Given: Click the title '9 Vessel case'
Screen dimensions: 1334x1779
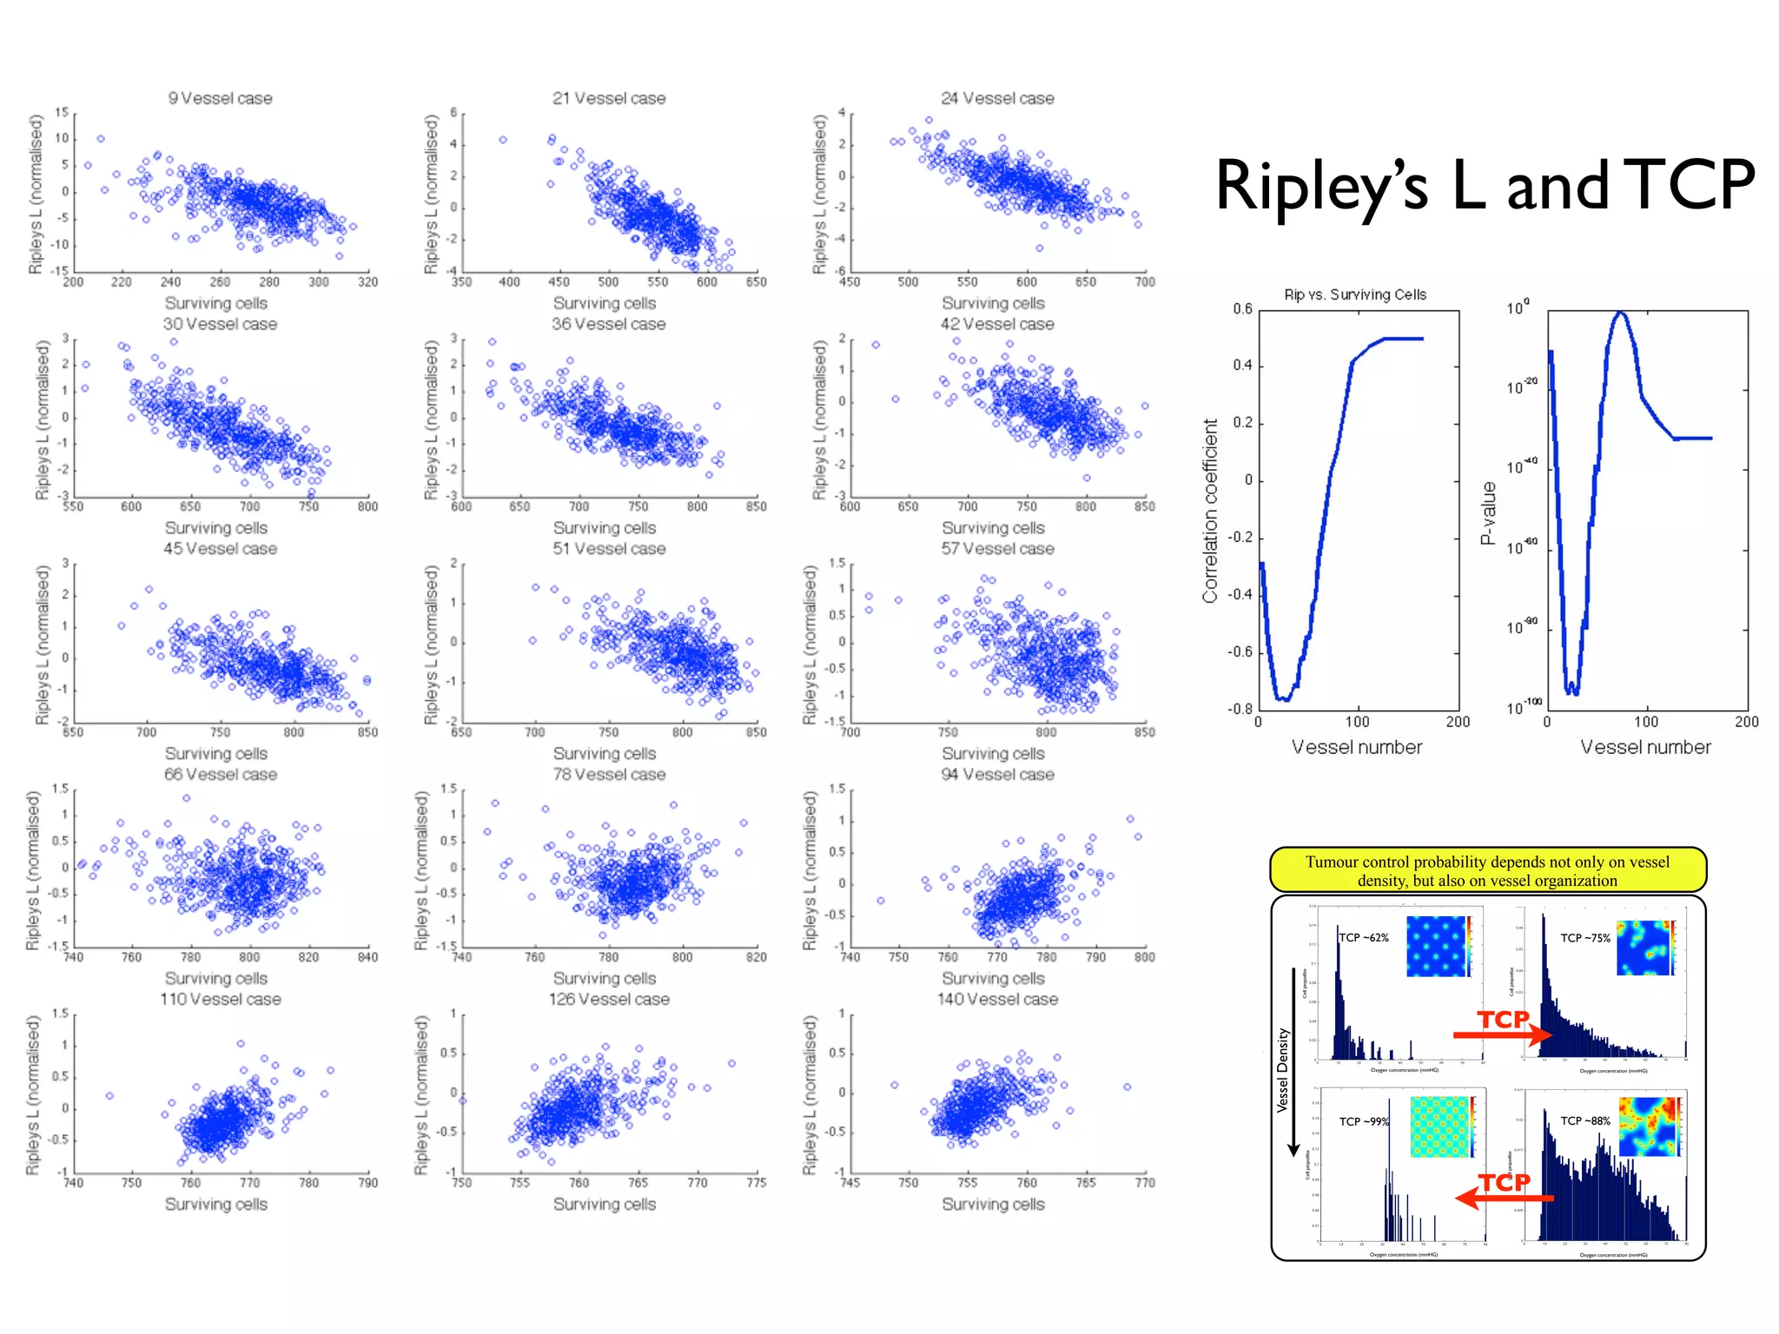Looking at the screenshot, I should pyautogui.click(x=220, y=98).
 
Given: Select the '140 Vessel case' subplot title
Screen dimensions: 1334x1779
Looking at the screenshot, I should pyautogui.click(x=997, y=1000).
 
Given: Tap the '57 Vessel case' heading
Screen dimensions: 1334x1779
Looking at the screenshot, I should pyautogui.click(x=997, y=549).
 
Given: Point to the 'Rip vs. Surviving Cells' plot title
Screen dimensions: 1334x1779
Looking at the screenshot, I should pyautogui.click(x=1355, y=294).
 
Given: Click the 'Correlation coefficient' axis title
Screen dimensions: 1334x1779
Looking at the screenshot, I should pyautogui.click(x=1210, y=511).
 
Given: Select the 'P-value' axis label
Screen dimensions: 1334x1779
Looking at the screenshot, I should pyautogui.click(x=1488, y=512).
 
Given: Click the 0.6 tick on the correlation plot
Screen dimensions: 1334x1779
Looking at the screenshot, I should pyautogui.click(x=1242, y=309).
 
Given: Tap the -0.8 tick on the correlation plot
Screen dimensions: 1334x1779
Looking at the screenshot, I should pyautogui.click(x=1240, y=709).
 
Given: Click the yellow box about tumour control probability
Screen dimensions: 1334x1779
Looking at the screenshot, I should pyautogui.click(x=1487, y=870).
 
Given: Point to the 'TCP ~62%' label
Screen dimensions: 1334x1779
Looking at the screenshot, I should pyautogui.click(x=1364, y=937).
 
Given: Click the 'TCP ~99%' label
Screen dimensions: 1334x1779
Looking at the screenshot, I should pyautogui.click(x=1364, y=1121).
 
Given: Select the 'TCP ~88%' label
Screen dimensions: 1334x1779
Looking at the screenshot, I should pyautogui.click(x=1585, y=1120).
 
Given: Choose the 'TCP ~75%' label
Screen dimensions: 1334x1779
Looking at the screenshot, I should pyautogui.click(x=1585, y=938).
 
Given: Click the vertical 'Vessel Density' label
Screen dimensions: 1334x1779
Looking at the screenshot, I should pyautogui.click(x=1282, y=1070).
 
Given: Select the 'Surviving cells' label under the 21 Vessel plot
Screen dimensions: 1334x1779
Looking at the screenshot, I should pyautogui.click(x=605, y=303).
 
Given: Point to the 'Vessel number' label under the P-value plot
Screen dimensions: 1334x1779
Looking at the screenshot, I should pyautogui.click(x=1645, y=747).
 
